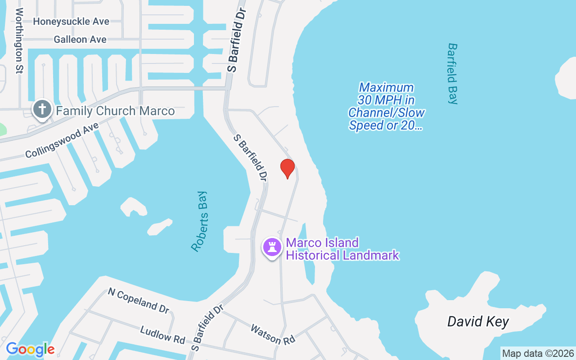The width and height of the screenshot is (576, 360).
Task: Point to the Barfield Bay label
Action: point(452,73)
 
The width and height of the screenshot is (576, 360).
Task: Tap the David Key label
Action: point(478,322)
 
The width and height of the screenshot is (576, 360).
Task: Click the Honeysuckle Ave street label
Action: point(71,22)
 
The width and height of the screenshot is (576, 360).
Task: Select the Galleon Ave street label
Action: point(80,40)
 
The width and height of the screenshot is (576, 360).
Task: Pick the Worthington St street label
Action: point(19,40)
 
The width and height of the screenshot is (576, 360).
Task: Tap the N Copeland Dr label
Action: point(139,300)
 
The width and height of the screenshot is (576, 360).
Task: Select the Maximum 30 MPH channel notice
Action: point(387,106)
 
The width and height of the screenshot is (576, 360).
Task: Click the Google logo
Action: point(30,349)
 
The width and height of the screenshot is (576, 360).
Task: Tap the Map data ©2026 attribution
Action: point(538,353)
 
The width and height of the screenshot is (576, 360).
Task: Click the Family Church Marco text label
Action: point(115,111)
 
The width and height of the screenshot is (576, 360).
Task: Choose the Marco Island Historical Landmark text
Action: point(342,249)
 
